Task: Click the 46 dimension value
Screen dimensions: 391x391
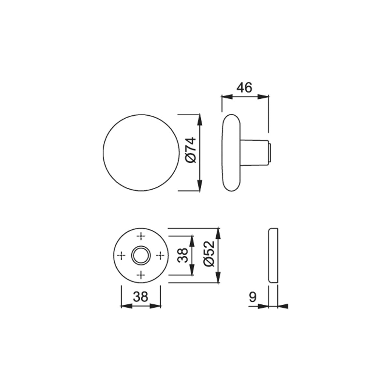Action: (x=244, y=88)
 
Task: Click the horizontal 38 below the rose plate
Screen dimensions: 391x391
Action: (x=141, y=297)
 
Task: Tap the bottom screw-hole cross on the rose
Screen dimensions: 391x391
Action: (x=141, y=275)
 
